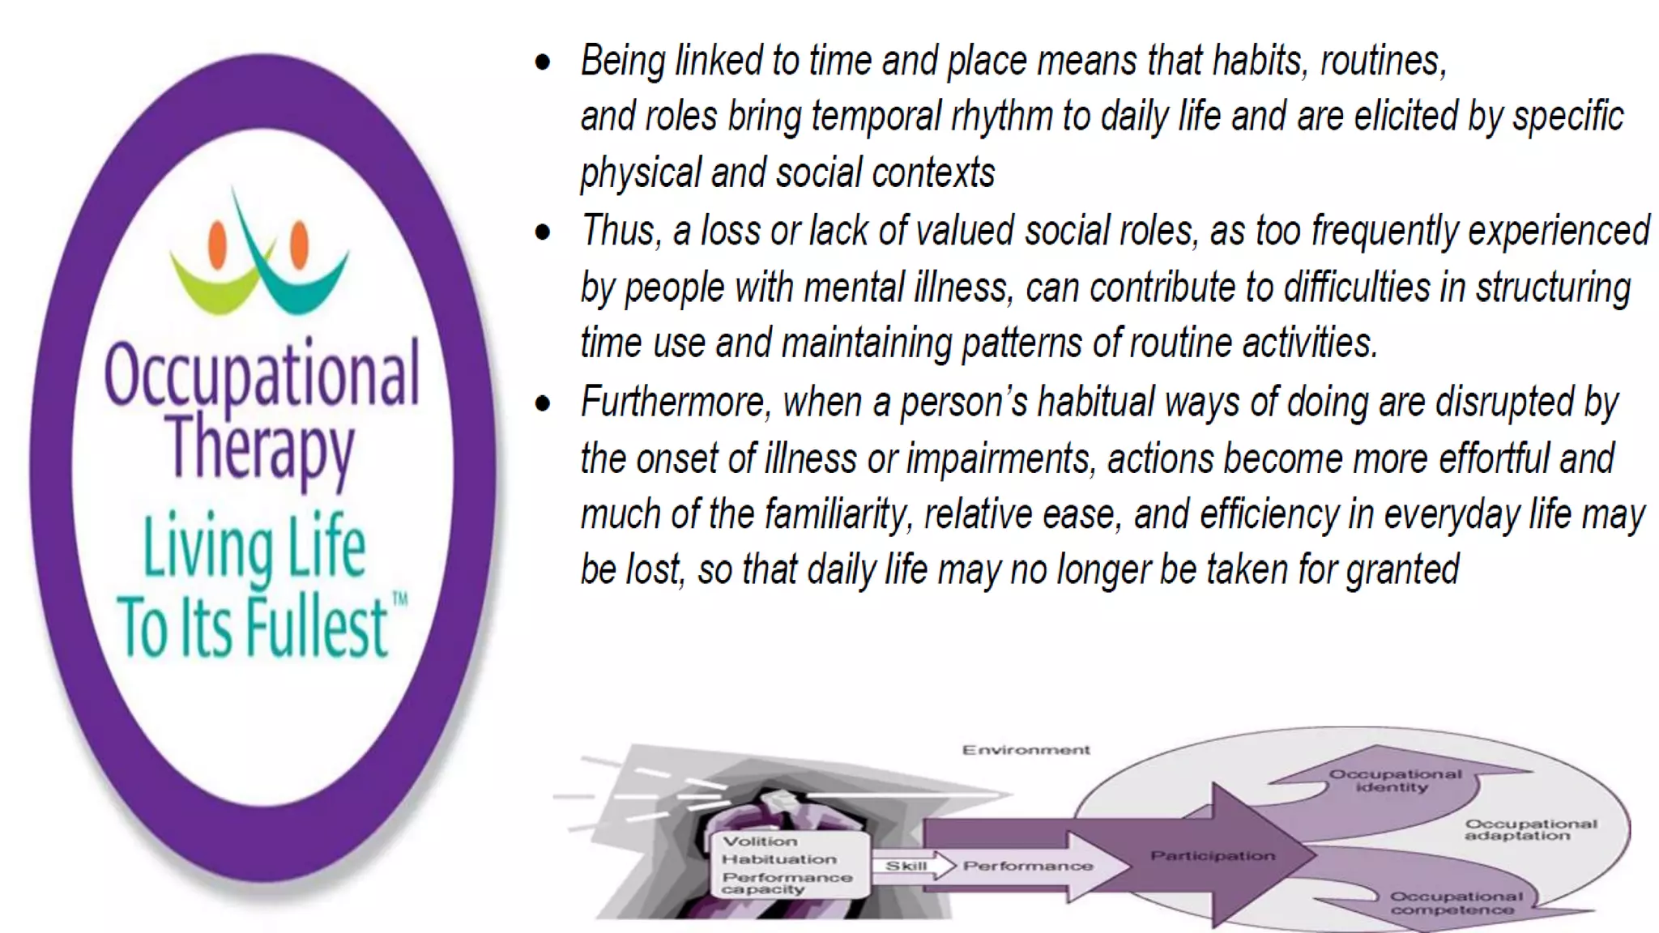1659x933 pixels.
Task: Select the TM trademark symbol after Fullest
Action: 399,599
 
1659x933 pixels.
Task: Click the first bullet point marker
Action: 543,62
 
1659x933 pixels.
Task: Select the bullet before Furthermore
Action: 543,403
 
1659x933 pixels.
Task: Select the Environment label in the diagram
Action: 1026,750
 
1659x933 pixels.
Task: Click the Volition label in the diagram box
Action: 759,841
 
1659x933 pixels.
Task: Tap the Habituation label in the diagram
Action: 778,859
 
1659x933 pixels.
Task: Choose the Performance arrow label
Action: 1027,866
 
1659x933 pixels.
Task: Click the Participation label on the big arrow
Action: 1212,856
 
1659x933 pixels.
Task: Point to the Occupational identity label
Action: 1394,780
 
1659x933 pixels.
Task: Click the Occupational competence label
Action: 1456,903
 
